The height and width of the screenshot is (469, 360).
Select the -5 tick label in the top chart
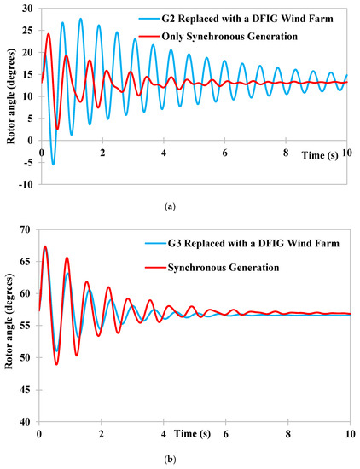[26, 162]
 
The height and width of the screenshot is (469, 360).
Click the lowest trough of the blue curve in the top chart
[53, 165]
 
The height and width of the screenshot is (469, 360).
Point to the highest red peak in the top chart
[49, 34]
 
